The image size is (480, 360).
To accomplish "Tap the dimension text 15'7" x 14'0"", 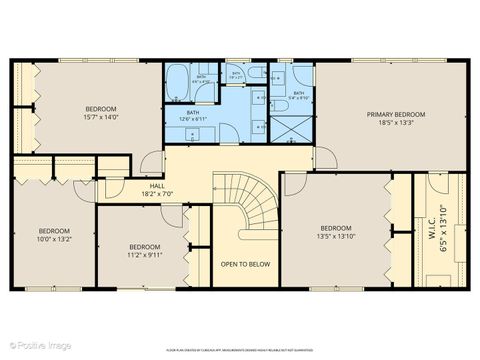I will tap(100, 117).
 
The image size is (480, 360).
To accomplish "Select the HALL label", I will tap(157, 185).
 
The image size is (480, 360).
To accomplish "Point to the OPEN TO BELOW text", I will tap(245, 264).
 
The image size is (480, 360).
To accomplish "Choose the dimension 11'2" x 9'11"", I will tap(144, 255).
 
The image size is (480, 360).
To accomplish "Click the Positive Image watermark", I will tap(30, 346).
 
